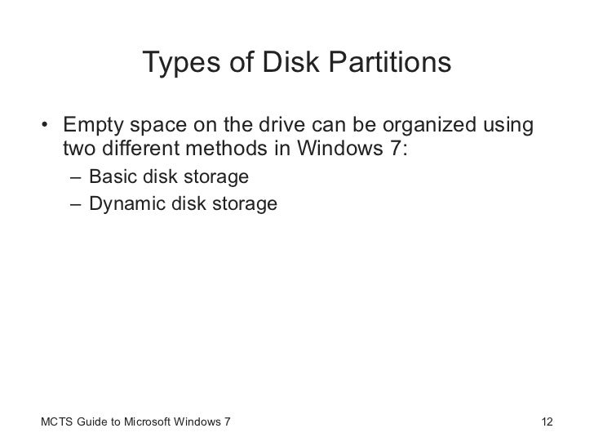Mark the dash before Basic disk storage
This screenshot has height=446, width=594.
75,177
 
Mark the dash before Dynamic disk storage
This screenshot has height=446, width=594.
75,203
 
